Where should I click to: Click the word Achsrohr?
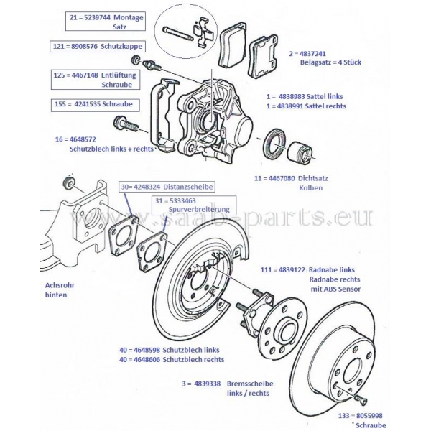58,285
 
